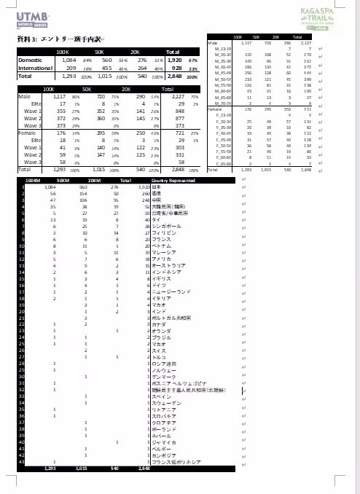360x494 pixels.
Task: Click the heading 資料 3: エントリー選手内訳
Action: (59, 39)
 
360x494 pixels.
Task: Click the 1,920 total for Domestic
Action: (173, 60)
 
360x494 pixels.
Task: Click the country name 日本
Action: (156, 187)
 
